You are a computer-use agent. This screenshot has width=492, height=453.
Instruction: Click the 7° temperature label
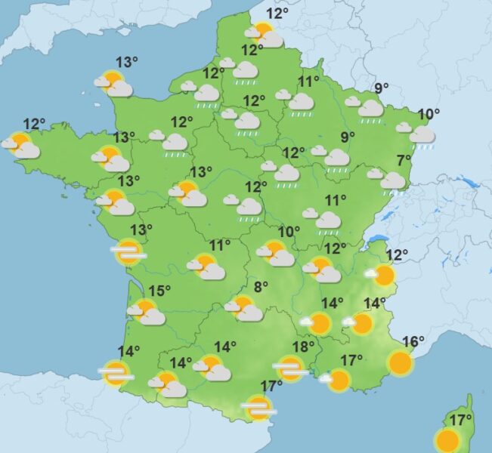[404, 159]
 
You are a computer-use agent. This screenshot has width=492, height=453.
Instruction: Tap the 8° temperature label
[261, 287]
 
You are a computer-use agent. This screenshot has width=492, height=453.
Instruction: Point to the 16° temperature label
[413, 341]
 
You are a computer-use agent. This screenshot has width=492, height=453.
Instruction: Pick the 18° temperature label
[303, 347]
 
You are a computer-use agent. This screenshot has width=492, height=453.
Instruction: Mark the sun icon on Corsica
[447, 440]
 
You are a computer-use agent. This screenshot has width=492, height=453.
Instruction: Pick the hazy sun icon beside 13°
[127, 252]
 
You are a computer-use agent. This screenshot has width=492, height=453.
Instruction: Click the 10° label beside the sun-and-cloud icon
[289, 232]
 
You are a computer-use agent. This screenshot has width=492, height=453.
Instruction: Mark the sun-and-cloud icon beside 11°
[208, 267]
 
